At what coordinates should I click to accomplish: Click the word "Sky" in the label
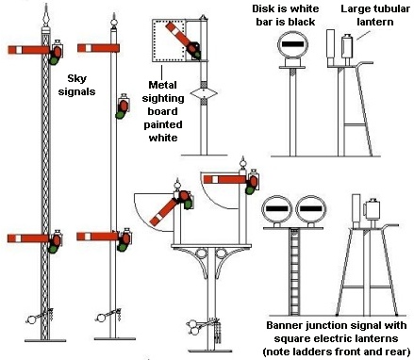(77, 79)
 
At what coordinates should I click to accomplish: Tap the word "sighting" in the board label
(163, 99)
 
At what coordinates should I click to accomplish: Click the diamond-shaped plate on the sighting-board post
(204, 92)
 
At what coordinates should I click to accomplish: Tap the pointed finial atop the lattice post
(46, 15)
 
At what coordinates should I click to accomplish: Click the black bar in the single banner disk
(292, 44)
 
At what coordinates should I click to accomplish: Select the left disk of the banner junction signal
(277, 209)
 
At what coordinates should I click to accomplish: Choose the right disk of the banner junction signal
(311, 209)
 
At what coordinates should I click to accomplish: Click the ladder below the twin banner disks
(294, 272)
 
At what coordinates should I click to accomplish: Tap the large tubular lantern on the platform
(347, 46)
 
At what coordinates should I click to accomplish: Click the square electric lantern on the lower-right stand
(372, 210)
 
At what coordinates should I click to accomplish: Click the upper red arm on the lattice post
(28, 50)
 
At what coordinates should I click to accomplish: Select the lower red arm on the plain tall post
(98, 237)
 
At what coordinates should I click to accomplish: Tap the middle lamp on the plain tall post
(123, 106)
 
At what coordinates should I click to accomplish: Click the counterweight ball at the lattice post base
(31, 319)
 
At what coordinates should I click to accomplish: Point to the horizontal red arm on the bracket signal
(224, 179)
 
